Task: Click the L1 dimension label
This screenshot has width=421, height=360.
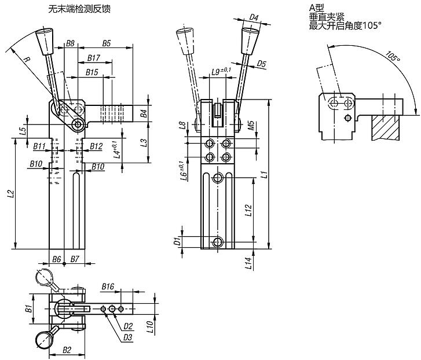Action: (265, 174)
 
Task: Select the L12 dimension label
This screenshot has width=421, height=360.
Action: (248, 211)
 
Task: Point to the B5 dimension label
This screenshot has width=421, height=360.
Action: (107, 43)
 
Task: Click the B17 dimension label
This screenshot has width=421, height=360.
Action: (94, 58)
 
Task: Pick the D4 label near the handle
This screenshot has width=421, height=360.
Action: (254, 18)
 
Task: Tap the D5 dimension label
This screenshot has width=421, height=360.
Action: (261, 64)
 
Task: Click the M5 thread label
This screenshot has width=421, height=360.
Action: (251, 125)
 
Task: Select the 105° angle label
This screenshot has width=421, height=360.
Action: (392, 56)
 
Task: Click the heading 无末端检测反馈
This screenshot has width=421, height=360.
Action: (79, 9)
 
